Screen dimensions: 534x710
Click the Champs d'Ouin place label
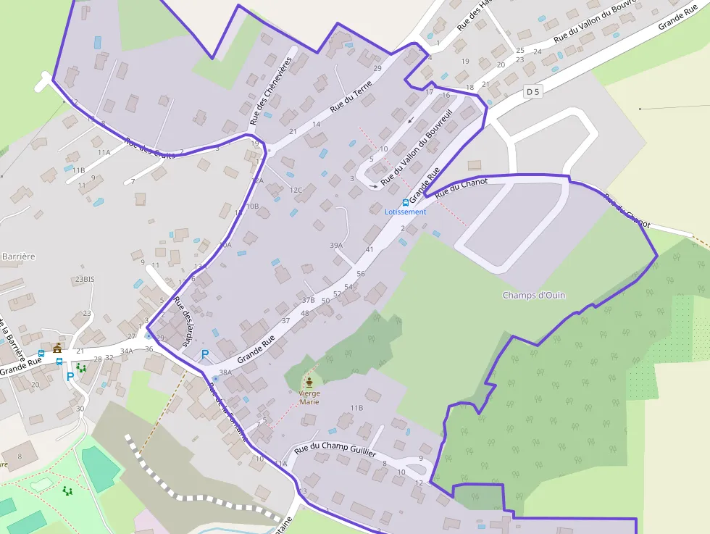click(534, 295)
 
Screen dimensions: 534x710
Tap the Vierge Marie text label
click(309, 397)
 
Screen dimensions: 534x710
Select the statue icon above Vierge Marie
click(309, 382)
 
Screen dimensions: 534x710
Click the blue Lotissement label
click(405, 212)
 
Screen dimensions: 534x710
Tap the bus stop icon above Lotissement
click(405, 203)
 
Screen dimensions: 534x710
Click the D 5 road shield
click(533, 91)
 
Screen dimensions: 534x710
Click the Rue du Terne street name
click(351, 96)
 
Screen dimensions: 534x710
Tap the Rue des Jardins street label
click(185, 320)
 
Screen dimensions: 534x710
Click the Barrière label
click(19, 256)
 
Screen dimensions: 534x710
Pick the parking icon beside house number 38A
click(205, 354)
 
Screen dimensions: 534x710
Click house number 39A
click(335, 246)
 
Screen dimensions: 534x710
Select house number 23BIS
click(84, 279)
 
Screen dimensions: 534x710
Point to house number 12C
click(296, 190)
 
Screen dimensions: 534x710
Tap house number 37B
click(308, 300)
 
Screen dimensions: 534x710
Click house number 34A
click(126, 351)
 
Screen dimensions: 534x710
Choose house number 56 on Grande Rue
click(360, 274)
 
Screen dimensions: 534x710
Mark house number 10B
click(252, 206)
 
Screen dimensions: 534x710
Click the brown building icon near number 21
click(57, 348)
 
